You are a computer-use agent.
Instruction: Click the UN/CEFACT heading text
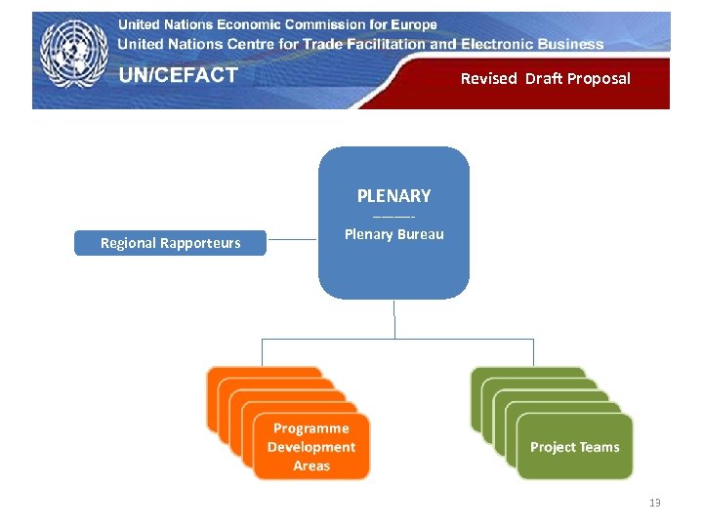pos(179,76)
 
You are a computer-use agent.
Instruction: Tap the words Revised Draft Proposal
pos(545,78)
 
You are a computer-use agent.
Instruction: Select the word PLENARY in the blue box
pos(393,195)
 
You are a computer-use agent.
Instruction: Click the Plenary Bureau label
pos(393,234)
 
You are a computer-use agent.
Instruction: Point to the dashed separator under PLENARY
pos(393,216)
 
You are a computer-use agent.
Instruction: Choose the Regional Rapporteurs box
pos(170,243)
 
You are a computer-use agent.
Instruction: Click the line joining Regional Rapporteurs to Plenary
pos(292,239)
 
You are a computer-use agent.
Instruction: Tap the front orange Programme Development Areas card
pos(311,447)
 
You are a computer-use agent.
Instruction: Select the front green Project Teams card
pos(574,447)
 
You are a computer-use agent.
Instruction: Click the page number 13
pos(654,503)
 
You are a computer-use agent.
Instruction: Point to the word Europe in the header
pos(409,24)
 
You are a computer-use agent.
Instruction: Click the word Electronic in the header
pos(501,44)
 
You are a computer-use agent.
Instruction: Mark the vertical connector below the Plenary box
pos(394,319)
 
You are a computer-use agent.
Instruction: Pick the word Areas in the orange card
pos(311,466)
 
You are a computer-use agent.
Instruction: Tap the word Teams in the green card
pos(600,447)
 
